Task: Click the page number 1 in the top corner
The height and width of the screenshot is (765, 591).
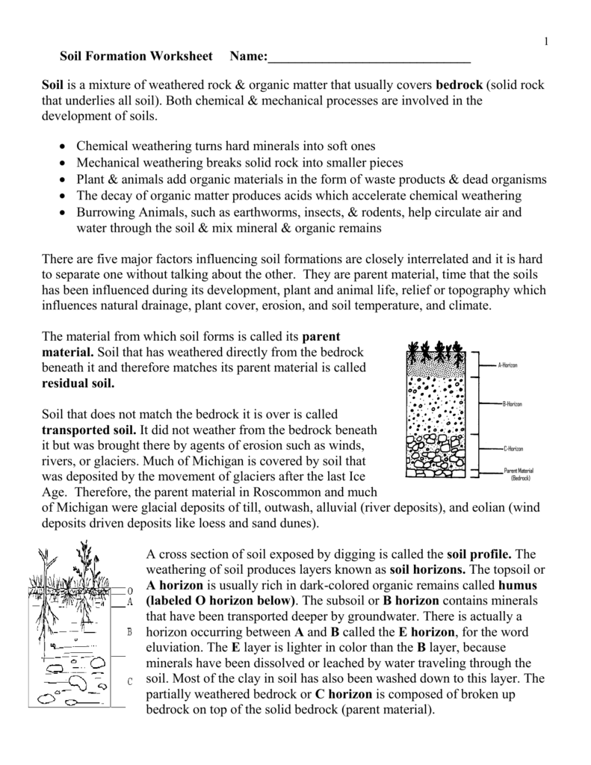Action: (546, 41)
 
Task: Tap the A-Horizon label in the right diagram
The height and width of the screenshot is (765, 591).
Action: (507, 365)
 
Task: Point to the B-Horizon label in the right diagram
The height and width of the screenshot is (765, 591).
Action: (512, 403)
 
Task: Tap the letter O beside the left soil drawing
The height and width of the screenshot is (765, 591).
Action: (130, 590)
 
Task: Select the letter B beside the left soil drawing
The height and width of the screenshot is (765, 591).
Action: (130, 632)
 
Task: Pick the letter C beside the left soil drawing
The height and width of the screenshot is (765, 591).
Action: (130, 681)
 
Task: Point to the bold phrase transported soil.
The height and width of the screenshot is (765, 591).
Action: (89, 430)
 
